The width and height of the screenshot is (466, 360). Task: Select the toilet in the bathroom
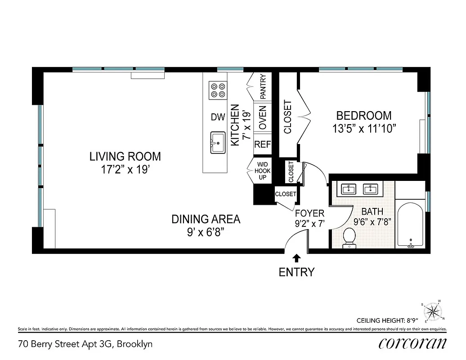tap(349, 238)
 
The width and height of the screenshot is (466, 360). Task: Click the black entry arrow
tap(296, 258)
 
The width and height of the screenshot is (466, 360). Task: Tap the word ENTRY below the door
tap(296, 272)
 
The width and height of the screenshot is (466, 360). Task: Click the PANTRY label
tap(263, 86)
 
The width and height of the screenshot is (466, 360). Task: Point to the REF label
tap(263, 144)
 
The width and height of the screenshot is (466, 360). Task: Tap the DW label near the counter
tap(218, 117)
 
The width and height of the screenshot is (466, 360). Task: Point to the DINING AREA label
tap(206, 219)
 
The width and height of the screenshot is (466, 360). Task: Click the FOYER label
tap(309, 213)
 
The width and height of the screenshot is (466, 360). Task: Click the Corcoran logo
tap(412, 343)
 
